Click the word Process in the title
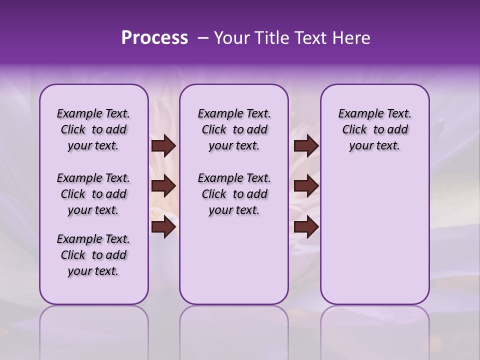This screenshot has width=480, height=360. coord(154,38)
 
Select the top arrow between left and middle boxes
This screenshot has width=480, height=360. coord(163,146)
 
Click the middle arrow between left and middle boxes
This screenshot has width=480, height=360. coord(163,186)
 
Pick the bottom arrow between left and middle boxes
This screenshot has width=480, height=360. coord(163,227)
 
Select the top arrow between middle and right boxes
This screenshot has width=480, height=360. coord(306,146)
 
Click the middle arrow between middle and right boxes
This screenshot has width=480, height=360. coord(306,186)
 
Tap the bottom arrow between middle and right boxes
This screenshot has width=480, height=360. coord(306,227)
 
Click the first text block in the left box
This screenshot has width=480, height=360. coord(93,129)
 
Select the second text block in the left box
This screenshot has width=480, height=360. coord(93,194)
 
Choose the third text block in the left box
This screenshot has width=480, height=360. coord(93,255)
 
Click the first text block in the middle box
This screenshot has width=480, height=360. coord(234,129)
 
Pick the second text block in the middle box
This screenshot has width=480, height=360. coord(234,194)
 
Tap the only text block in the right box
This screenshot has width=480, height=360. coord(374,129)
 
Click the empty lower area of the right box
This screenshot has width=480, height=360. coord(374,235)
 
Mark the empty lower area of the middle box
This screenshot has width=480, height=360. coord(234,260)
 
